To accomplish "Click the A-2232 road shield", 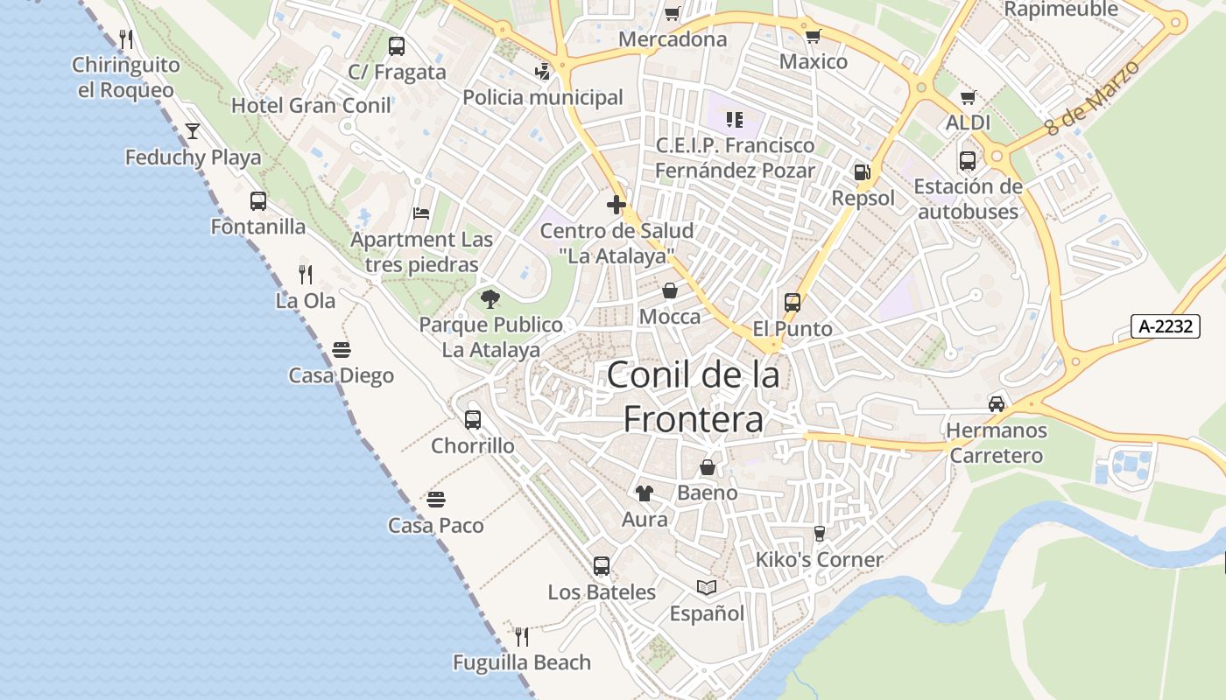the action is (1165, 326).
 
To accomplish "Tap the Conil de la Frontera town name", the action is (693, 397).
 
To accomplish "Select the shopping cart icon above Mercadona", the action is (672, 13).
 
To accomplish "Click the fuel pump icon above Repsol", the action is (863, 172).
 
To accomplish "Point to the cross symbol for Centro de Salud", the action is (617, 206).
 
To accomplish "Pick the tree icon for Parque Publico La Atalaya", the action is (490, 299).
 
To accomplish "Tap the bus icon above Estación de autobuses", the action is (968, 161).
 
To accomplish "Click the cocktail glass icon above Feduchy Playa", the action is (193, 131).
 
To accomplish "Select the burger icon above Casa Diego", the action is (342, 350).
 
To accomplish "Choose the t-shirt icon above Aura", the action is (645, 493).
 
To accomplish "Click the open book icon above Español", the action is (707, 587).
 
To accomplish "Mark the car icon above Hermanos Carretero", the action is (997, 404).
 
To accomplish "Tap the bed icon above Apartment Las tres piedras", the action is (421, 213).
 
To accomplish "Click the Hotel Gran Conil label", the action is (311, 106).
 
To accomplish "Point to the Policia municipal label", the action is (543, 97).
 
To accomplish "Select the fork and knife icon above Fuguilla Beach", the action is (522, 636).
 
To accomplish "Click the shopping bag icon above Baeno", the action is (708, 467).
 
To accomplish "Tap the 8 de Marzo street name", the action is (1094, 97).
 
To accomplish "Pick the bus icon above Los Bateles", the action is (601, 566).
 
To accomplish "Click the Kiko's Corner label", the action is (820, 559).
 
